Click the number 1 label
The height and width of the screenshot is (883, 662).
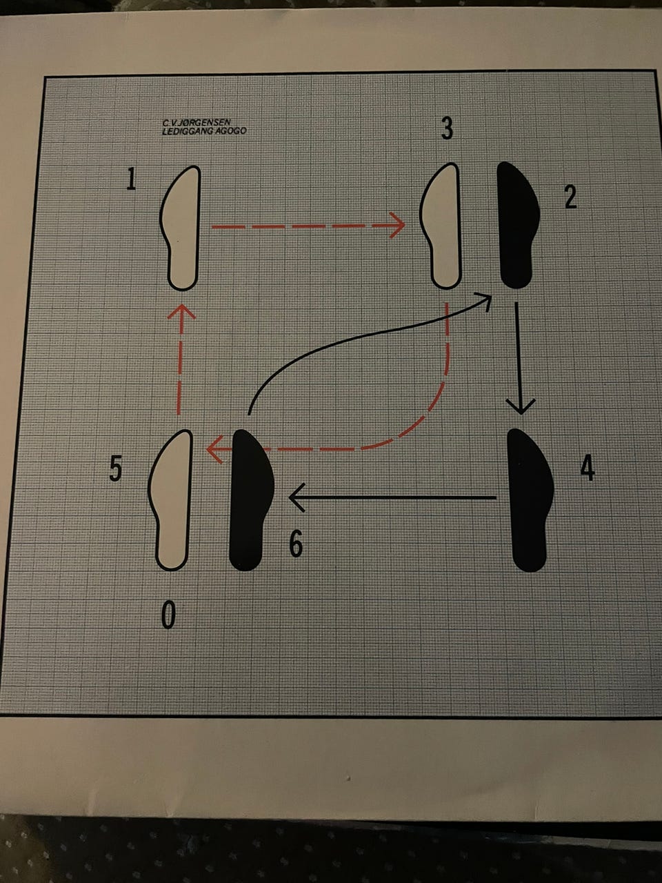click(x=131, y=179)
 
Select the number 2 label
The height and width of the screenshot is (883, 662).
click(x=571, y=197)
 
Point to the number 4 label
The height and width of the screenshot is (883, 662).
click(x=588, y=469)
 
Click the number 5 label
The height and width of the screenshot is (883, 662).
click(x=115, y=470)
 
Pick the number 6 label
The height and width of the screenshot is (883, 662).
click(x=296, y=545)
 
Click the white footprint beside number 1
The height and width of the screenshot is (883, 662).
click(x=181, y=228)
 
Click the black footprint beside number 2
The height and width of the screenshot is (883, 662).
click(x=517, y=226)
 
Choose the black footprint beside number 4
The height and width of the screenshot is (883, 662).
click(x=530, y=500)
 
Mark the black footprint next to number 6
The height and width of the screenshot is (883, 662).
click(x=251, y=500)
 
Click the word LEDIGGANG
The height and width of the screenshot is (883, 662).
click(x=184, y=131)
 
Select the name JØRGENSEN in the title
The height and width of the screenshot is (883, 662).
click(x=202, y=122)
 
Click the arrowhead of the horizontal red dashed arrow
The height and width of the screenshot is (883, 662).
click(x=397, y=226)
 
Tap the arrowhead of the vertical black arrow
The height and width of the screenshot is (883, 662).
click(x=521, y=406)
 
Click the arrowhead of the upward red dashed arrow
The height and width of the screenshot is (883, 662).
click(x=181, y=312)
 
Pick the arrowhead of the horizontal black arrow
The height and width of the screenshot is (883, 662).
click(x=297, y=497)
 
